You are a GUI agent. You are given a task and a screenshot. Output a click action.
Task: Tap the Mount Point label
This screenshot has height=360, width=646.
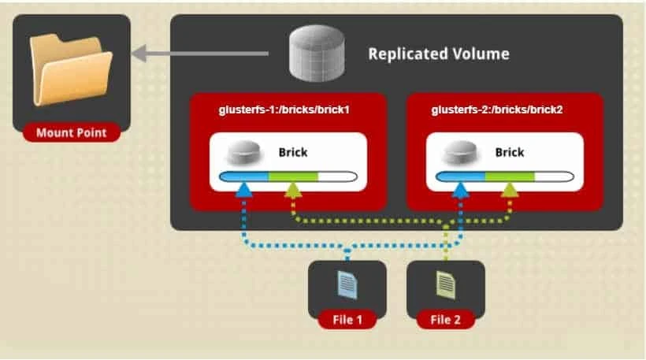click(x=70, y=132)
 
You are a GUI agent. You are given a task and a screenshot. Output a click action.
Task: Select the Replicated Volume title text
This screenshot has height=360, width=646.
click(x=438, y=54)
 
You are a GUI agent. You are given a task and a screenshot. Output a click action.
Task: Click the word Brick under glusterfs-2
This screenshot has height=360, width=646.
click(x=510, y=152)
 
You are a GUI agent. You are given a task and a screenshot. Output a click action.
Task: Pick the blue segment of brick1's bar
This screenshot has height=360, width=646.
click(x=244, y=176)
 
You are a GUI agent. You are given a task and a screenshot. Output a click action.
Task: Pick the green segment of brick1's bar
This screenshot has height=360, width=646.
click(x=293, y=176)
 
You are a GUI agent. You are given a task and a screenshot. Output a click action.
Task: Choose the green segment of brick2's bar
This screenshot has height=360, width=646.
click(x=509, y=176)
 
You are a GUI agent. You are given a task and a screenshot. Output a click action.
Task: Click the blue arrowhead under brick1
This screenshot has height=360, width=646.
click(x=245, y=189)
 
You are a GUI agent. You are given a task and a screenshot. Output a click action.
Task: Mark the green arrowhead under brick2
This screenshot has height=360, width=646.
click(x=510, y=189)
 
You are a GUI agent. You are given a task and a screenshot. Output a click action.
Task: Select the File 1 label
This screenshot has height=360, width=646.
click(x=347, y=320)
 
